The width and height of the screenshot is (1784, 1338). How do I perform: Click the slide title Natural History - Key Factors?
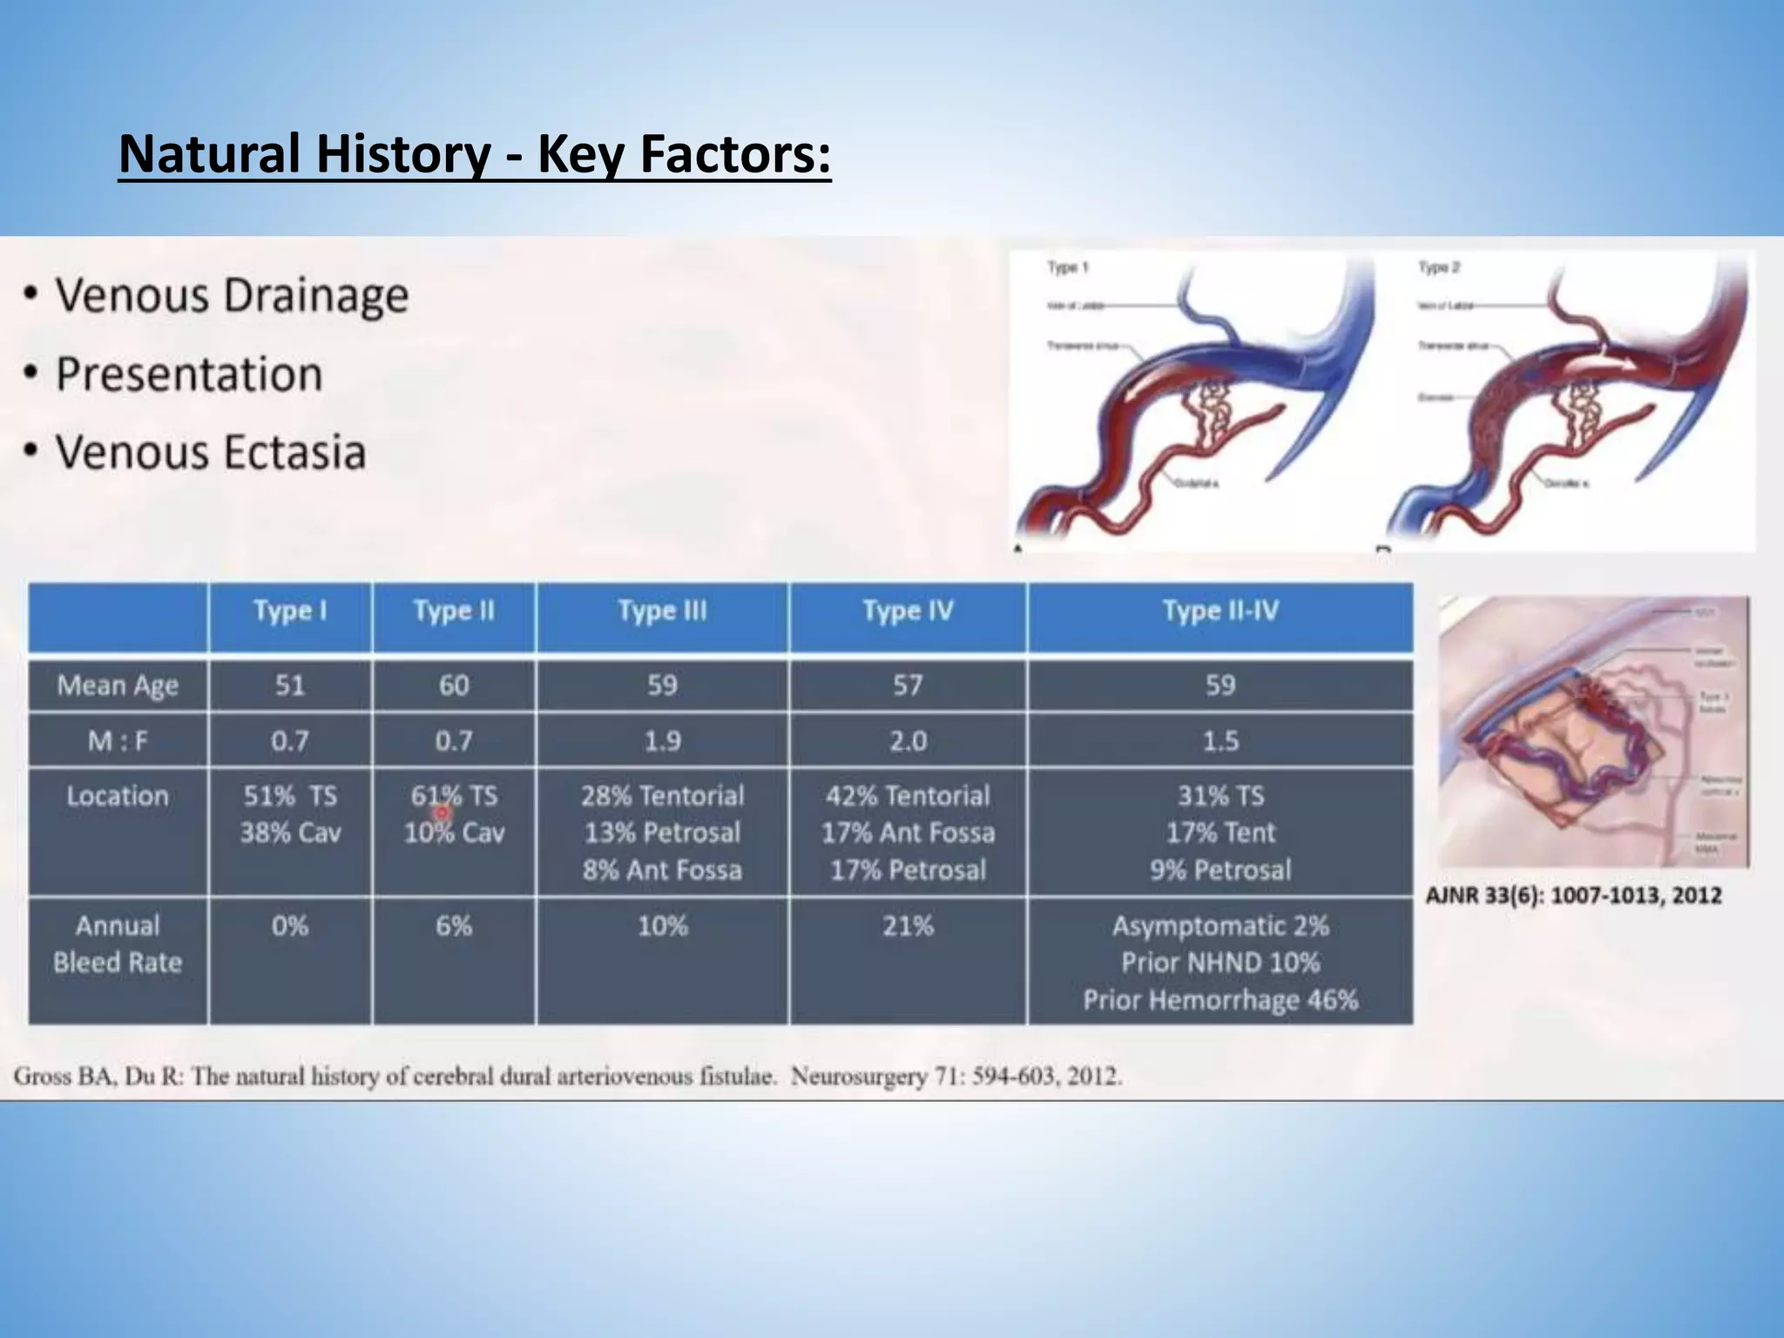[x=475, y=154]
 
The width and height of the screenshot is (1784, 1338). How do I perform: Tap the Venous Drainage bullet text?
[x=232, y=295]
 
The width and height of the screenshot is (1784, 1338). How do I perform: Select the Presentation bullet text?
[x=189, y=375]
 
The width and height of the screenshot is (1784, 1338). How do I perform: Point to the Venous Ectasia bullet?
[x=210, y=453]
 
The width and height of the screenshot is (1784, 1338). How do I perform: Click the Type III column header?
[x=662, y=611]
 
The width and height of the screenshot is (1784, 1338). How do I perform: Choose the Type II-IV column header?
[x=1220, y=611]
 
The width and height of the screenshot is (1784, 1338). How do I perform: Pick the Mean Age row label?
[x=118, y=686]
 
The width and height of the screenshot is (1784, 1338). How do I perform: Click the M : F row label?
[x=118, y=741]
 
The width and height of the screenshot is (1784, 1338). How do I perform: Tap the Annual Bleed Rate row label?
[x=118, y=943]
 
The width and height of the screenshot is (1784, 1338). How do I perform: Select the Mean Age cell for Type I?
[x=290, y=686]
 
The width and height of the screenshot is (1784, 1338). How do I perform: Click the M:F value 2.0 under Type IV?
[x=908, y=741]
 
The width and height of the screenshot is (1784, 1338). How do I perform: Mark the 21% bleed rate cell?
[x=908, y=925]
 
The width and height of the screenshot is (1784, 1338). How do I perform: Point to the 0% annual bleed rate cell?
[x=290, y=925]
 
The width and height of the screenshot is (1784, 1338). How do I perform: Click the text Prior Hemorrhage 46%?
[x=1220, y=1000]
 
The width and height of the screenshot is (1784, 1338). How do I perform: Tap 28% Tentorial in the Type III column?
[x=662, y=795]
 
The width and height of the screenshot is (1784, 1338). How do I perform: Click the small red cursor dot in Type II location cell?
[x=442, y=813]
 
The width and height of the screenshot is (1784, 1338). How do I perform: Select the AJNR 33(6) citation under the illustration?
[x=1573, y=895]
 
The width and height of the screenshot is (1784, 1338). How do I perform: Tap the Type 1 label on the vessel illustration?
[x=1067, y=267]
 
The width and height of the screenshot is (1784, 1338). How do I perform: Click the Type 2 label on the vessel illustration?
[x=1438, y=267]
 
